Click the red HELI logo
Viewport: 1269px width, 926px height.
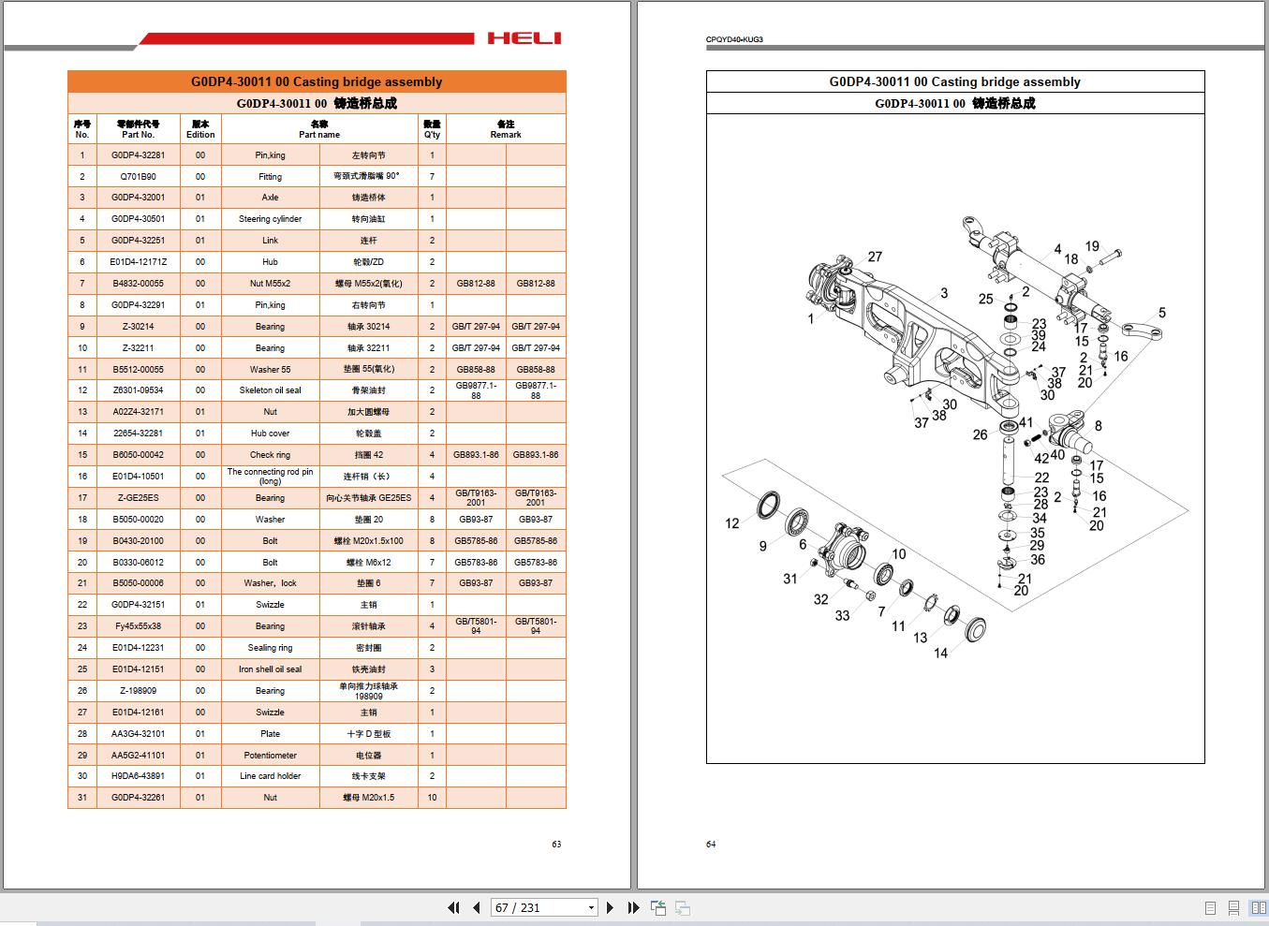click(x=524, y=38)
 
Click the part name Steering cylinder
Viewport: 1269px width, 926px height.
click(x=270, y=219)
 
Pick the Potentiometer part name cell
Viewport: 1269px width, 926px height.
click(x=270, y=755)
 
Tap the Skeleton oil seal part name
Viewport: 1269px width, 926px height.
click(x=270, y=390)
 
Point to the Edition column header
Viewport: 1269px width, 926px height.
click(x=200, y=129)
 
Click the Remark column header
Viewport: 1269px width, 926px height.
click(x=506, y=129)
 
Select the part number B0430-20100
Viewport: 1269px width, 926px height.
click(x=138, y=540)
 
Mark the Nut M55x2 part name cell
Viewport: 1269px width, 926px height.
click(x=270, y=283)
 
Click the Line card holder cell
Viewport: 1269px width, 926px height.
click(x=270, y=776)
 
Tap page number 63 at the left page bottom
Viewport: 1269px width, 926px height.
click(x=556, y=844)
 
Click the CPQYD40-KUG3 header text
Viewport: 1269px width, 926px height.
click(x=733, y=39)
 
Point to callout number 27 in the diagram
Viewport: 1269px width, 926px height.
click(x=875, y=257)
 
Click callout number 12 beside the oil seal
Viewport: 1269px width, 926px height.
click(x=732, y=523)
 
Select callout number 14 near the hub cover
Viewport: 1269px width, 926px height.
click(x=940, y=653)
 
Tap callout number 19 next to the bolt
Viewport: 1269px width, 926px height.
click(x=1092, y=246)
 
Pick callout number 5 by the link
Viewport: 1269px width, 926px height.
click(x=1161, y=313)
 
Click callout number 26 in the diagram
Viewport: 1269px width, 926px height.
click(x=980, y=434)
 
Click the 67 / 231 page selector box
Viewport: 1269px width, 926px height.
click(x=544, y=907)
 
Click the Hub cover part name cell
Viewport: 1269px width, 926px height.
click(x=270, y=434)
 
